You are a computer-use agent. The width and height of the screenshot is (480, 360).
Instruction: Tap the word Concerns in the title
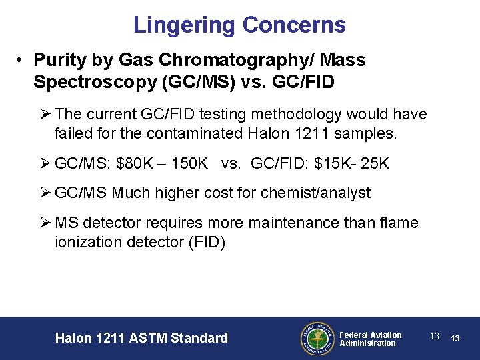294,25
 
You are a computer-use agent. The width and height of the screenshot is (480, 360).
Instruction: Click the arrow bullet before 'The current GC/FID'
45,115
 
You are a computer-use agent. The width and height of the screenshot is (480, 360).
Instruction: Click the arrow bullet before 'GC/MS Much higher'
45,193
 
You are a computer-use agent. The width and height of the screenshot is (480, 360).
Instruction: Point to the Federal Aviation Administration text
370,339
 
